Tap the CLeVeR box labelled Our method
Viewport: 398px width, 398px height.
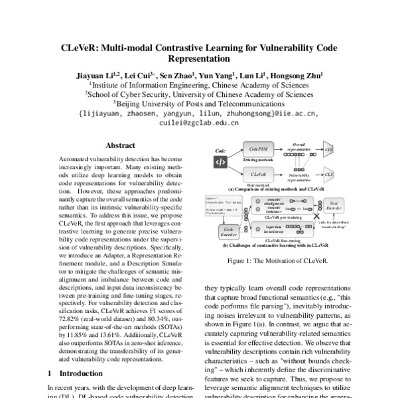[259, 174]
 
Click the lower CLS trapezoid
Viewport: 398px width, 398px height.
[328, 174]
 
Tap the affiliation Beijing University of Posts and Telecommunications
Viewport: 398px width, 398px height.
[199, 104]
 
